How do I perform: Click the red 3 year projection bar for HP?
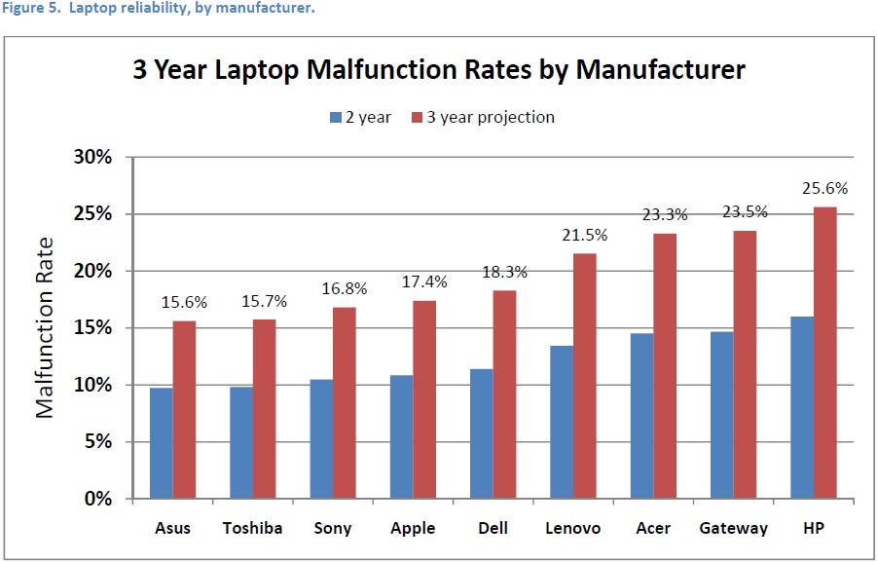click(825, 353)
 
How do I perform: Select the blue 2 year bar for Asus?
click(161, 443)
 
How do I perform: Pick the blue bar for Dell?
click(480, 433)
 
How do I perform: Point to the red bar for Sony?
click(345, 403)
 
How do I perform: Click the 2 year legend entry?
click(361, 117)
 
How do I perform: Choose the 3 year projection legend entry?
click(488, 117)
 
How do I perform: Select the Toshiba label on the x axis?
click(252, 529)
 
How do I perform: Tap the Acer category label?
click(654, 529)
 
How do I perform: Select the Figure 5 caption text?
click(157, 9)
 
